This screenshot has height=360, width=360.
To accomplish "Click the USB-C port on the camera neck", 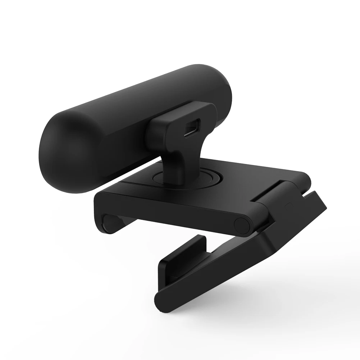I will point(193,128).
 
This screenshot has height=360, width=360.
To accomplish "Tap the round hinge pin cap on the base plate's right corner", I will point(241,224).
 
